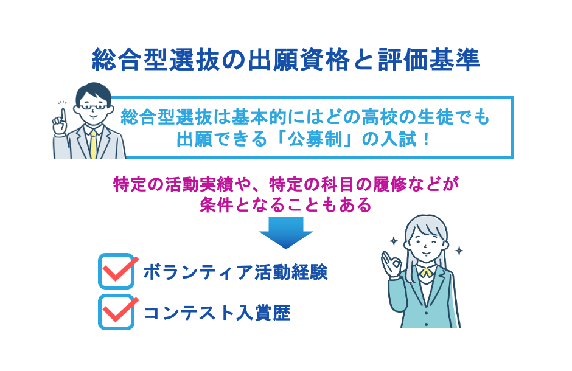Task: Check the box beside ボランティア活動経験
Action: (x=116, y=271)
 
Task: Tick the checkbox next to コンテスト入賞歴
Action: (x=116, y=311)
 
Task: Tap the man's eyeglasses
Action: (x=92, y=108)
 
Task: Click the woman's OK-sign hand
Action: (x=391, y=263)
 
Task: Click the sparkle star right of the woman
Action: (x=459, y=251)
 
